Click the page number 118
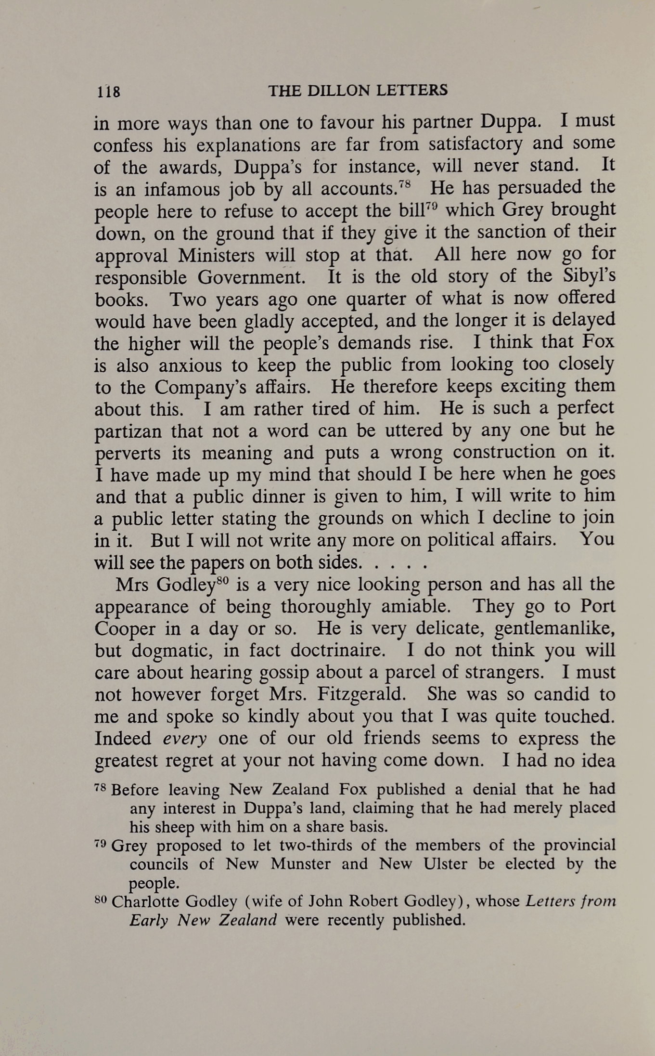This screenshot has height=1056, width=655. tap(108, 91)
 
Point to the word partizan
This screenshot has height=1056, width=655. tap(128, 431)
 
